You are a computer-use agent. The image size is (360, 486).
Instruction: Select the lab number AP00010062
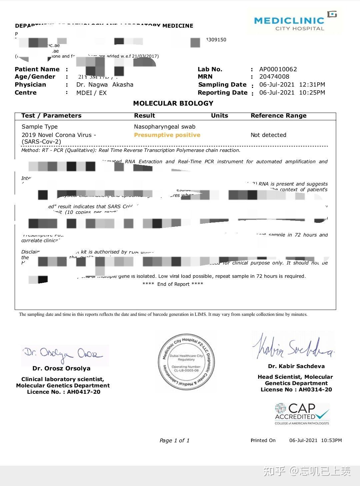pyautogui.click(x=278, y=69)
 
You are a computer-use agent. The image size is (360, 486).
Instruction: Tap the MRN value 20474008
pyautogui.click(x=274, y=77)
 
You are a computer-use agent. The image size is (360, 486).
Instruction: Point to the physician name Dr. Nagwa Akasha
pyautogui.click(x=105, y=85)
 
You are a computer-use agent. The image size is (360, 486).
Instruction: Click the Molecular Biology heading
pyautogui.click(x=173, y=103)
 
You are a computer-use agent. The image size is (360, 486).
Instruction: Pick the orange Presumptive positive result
pyautogui.click(x=167, y=135)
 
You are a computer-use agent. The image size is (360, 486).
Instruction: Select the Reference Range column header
pyautogui.click(x=278, y=116)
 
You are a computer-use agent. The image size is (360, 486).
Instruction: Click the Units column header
pyautogui.click(x=219, y=116)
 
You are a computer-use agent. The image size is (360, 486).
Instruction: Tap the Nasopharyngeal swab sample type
pyautogui.click(x=165, y=127)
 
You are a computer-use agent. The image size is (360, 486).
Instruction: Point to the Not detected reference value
pyautogui.click(x=268, y=135)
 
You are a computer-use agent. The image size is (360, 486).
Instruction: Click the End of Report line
pyautogui.click(x=173, y=284)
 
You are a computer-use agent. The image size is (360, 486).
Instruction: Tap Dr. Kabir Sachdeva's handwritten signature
pyautogui.click(x=293, y=346)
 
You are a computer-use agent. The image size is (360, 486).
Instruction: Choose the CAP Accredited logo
pyautogui.click(x=302, y=414)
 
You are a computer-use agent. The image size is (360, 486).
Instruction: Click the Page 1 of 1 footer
pyautogui.click(x=174, y=440)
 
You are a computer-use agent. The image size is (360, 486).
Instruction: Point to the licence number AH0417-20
pyautogui.click(x=83, y=392)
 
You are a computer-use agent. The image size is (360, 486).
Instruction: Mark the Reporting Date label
pyautogui.click(x=222, y=93)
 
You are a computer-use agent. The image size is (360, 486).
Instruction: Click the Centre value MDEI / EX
pyautogui.click(x=91, y=93)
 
